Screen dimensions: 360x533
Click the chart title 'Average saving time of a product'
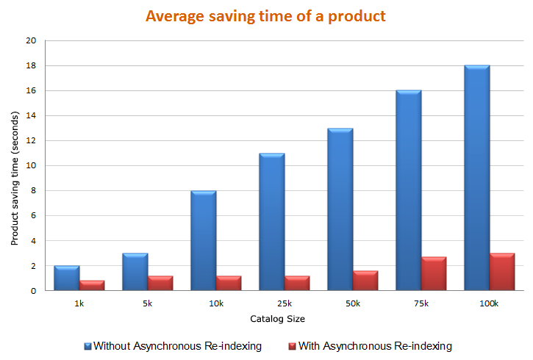pos(265,16)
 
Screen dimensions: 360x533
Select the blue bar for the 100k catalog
pos(477,178)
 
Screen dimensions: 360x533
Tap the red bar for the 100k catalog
pos(502,272)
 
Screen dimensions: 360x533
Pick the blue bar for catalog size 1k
pos(67,278)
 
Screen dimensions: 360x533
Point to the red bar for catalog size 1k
pos(92,285)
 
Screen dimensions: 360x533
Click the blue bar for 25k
pos(272,222)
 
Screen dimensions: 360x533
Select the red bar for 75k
pos(434,273)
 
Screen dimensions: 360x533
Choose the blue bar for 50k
pos(340,209)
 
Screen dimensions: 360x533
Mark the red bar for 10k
pos(229,283)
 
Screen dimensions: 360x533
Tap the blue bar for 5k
pos(135,272)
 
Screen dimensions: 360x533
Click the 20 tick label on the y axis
pos(31,41)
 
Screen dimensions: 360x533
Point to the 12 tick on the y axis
pos(31,141)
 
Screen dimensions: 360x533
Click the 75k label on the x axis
pos(421,303)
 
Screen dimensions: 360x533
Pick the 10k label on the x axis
pos(216,303)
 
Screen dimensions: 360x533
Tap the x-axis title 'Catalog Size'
pos(277,319)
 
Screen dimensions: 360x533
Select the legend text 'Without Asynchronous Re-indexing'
pos(177,346)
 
